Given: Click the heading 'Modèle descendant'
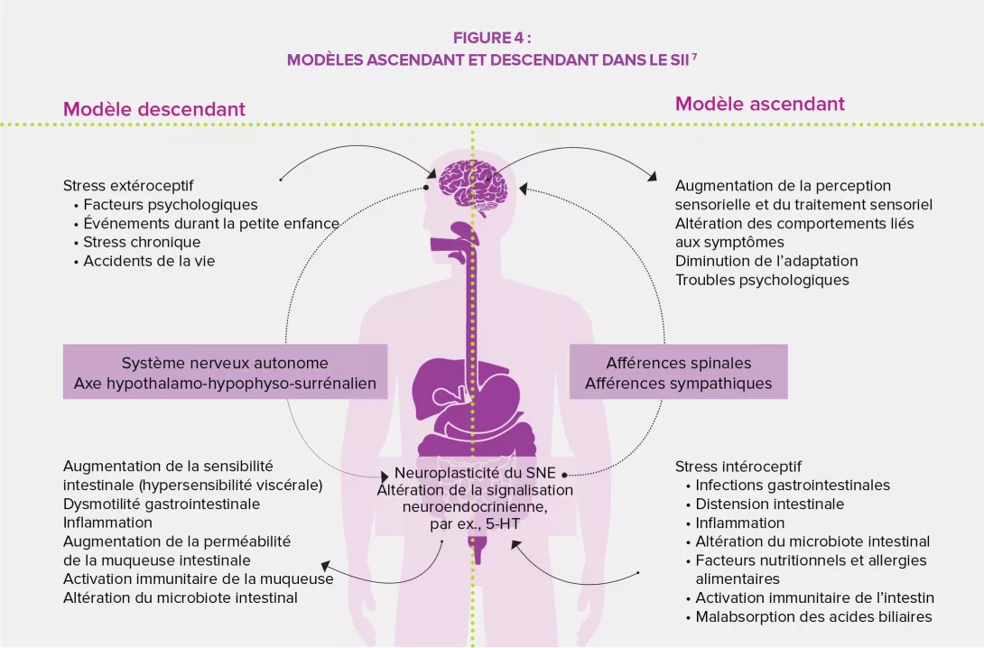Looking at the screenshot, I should tap(153, 109).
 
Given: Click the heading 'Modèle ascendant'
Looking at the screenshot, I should tap(759, 104).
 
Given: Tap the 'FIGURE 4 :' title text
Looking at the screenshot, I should tap(491, 38).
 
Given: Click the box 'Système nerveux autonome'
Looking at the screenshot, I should tap(225, 364).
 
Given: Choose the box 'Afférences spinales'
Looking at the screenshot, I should tap(678, 364).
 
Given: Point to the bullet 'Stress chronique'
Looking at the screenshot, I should tap(141, 242).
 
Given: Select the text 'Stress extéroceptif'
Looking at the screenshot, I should tap(128, 186).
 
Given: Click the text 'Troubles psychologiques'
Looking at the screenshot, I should tap(762, 280).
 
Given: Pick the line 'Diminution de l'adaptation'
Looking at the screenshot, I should tap(766, 261).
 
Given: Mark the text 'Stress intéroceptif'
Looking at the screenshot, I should tap(738, 467).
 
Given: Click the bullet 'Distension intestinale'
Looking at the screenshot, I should tap(769, 504).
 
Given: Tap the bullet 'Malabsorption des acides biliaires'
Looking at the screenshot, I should tap(812, 617).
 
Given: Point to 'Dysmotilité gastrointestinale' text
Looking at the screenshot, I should tap(162, 504).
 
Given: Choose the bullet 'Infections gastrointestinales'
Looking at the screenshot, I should tap(792, 486).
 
